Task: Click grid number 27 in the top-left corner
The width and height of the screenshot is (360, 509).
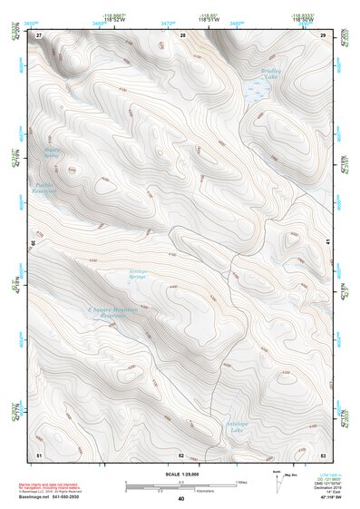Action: [39, 34]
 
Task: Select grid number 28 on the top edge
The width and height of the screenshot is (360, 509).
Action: [182, 34]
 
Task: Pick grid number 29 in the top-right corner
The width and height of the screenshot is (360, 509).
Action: [324, 34]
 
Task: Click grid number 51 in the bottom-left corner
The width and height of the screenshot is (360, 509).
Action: [39, 454]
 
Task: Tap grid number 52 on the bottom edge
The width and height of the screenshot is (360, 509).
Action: [181, 454]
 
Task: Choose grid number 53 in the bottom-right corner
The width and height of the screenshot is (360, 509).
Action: [324, 454]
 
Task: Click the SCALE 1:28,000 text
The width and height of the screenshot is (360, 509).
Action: [181, 474]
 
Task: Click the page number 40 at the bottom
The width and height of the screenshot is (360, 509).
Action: [181, 499]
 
